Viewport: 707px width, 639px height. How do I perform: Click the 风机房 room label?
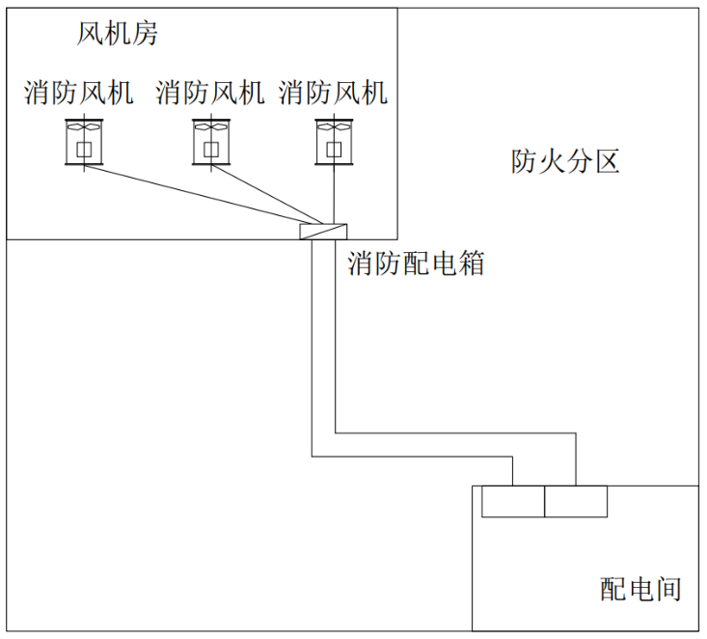[117, 36]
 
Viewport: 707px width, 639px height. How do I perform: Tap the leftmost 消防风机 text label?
[79, 93]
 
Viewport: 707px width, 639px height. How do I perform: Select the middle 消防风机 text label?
[210, 93]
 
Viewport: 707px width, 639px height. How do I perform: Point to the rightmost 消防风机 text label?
[334, 93]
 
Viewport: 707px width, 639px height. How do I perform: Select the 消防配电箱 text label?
[416, 264]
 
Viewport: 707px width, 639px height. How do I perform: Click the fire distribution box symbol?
[323, 232]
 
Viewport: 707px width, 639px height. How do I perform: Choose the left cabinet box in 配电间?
[513, 502]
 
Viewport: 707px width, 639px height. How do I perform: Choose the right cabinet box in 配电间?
[576, 502]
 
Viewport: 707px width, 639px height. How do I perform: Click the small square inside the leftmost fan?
[82, 149]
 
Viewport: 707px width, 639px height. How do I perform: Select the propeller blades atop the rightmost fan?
[333, 126]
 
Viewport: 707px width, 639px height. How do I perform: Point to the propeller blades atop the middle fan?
[210, 126]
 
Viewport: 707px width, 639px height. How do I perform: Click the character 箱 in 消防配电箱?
[471, 264]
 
